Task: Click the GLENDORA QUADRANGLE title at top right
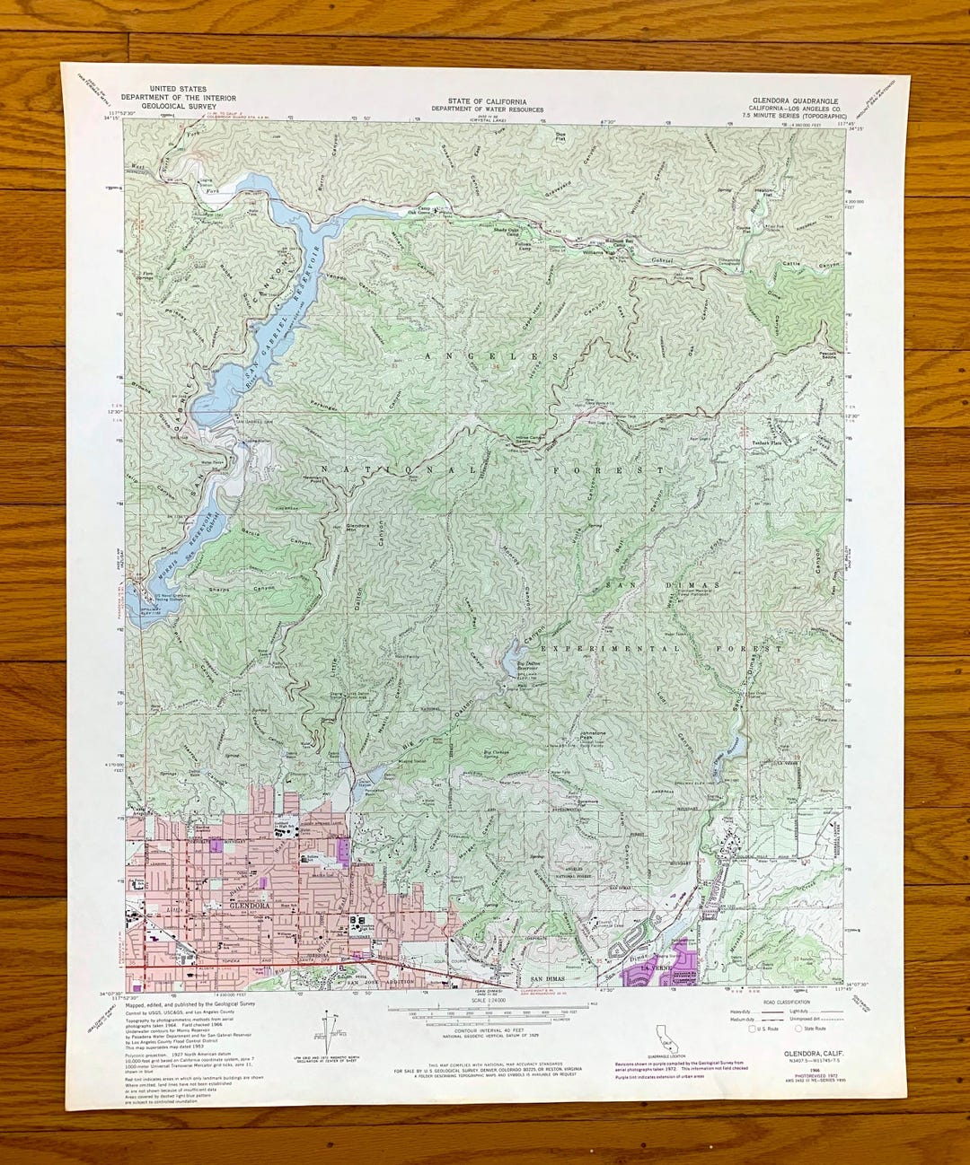[800, 101]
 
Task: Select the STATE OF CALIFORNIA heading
[490, 101]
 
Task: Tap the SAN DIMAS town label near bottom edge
[549, 978]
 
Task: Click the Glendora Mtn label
[357, 527]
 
